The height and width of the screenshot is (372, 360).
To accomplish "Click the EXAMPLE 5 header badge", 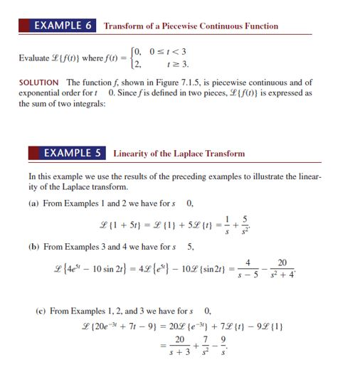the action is click(x=68, y=153).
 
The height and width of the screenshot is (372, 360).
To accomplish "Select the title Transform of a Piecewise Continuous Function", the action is click(x=191, y=26).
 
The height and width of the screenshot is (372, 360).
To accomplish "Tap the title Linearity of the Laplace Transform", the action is click(x=179, y=154).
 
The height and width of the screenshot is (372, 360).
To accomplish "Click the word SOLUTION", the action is click(x=41, y=83).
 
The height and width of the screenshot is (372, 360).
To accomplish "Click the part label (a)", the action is click(x=34, y=203).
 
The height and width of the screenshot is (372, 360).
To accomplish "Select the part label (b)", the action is click(x=34, y=247).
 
